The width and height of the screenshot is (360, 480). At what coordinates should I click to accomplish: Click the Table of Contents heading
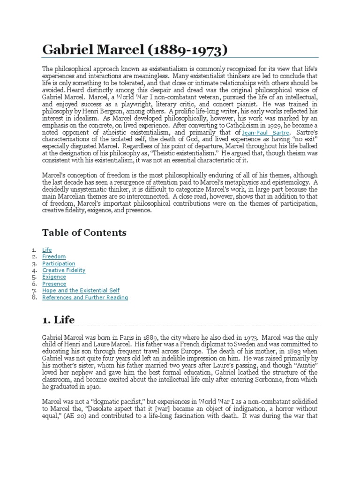point(84,232)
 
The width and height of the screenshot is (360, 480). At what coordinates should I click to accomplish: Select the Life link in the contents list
point(47,250)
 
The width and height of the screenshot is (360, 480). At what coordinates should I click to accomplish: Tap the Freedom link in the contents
point(54,257)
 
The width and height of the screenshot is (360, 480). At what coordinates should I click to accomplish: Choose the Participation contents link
point(59,263)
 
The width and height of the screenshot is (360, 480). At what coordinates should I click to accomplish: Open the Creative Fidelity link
point(64,270)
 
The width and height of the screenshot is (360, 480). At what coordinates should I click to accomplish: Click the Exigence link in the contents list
point(54,277)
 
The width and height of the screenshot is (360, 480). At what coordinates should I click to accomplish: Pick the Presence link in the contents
point(54,284)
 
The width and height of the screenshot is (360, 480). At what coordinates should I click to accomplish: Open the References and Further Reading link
point(85,297)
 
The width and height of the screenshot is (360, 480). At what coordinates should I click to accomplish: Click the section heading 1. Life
point(58,320)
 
